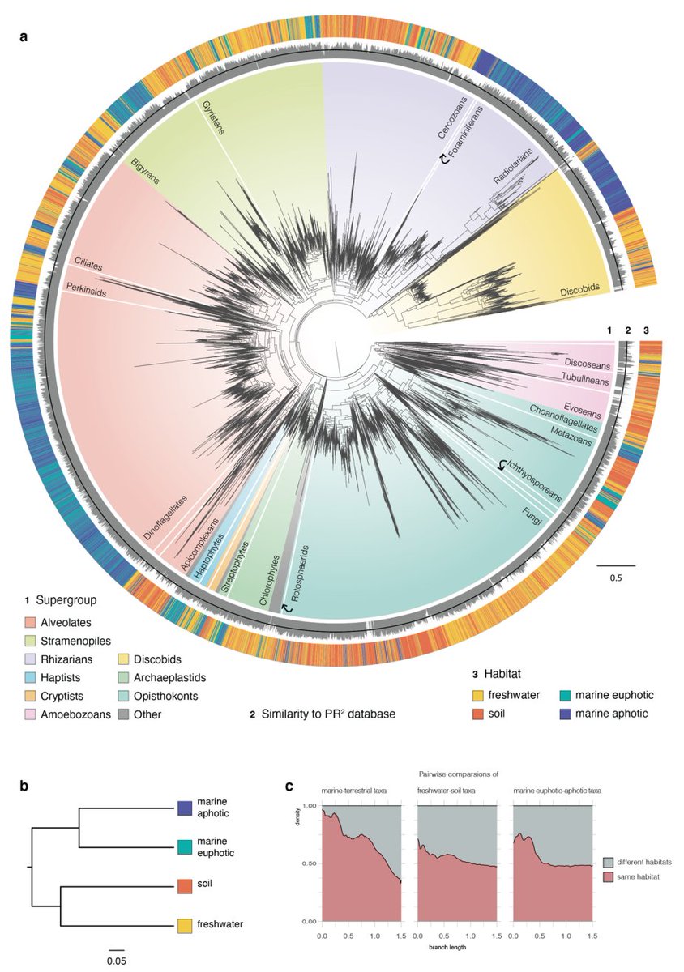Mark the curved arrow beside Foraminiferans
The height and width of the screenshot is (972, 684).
[443, 160]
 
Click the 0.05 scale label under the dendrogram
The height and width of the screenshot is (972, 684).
[117, 961]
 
